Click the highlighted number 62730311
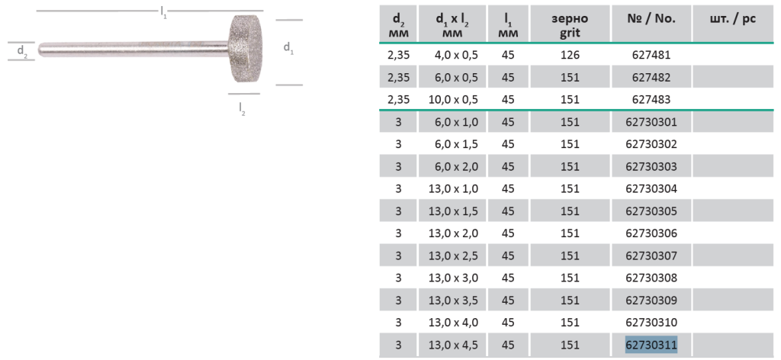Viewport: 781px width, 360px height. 651,345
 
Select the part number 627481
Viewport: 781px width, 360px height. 651,55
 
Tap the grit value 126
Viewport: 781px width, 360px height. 570,55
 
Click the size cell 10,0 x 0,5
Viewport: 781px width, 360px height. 453,100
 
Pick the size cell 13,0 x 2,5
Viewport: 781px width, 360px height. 453,256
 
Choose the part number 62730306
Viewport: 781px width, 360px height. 651,233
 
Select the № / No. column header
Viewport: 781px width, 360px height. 651,19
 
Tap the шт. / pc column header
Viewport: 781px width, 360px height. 732,19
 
